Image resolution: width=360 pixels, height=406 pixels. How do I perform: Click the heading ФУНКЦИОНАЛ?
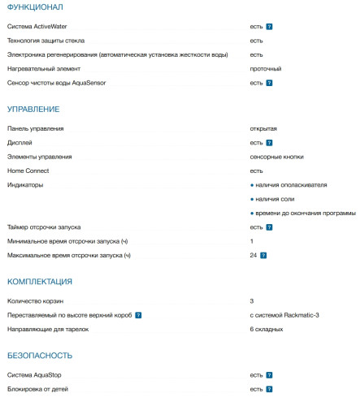click(x=33, y=7)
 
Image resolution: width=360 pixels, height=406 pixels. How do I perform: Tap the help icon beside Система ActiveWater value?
click(x=269, y=27)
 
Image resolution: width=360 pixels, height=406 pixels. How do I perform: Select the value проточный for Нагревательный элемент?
click(x=266, y=68)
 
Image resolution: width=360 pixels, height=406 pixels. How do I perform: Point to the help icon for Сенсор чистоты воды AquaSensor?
click(x=269, y=83)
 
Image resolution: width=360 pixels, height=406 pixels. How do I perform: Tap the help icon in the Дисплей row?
click(x=269, y=143)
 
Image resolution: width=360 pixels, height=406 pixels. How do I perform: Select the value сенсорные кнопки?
click(x=277, y=157)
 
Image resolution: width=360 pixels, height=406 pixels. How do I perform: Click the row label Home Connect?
click(x=28, y=171)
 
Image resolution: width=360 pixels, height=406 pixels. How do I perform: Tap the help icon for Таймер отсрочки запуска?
click(x=269, y=227)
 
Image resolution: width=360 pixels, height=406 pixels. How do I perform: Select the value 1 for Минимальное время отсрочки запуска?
click(x=252, y=241)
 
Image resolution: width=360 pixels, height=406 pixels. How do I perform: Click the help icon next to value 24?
click(x=263, y=256)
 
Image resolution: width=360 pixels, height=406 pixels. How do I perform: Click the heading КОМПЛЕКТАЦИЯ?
click(x=40, y=281)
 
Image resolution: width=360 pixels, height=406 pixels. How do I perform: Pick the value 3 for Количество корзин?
click(x=252, y=300)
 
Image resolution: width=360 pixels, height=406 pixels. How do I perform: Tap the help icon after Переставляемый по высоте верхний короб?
click(x=138, y=315)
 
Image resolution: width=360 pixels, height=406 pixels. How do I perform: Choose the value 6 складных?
click(x=267, y=329)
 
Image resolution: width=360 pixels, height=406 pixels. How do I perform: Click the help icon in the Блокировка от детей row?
click(x=269, y=390)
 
